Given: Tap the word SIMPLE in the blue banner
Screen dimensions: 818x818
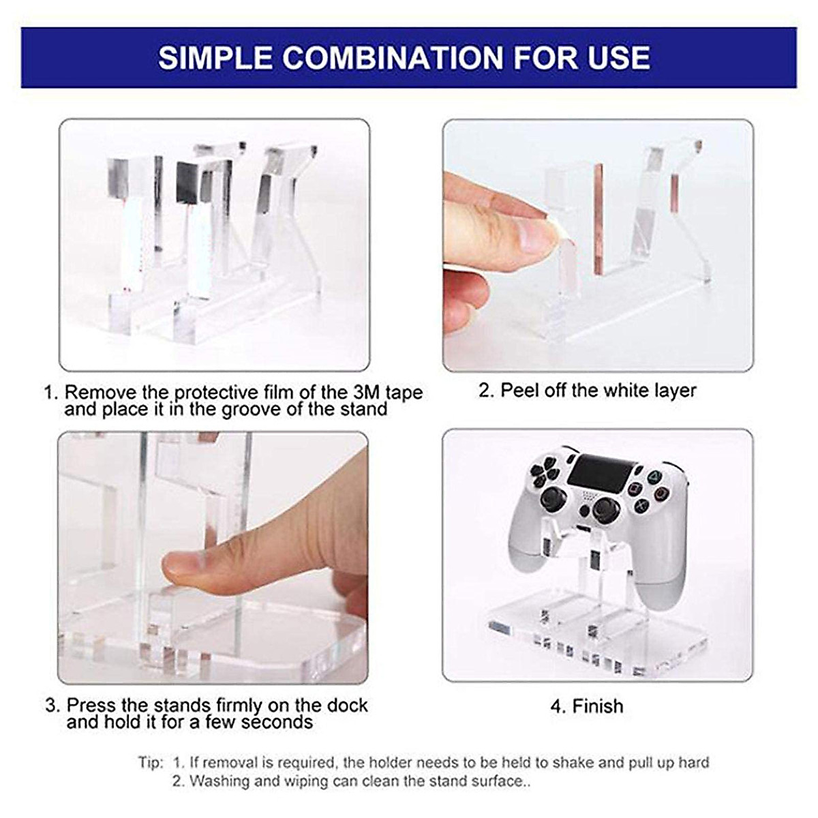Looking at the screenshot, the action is tap(215, 58).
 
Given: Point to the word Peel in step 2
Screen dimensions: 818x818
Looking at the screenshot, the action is tap(517, 390).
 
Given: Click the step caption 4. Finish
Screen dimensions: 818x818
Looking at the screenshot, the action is tap(587, 706).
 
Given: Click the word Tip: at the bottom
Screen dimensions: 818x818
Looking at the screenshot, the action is tap(150, 762).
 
